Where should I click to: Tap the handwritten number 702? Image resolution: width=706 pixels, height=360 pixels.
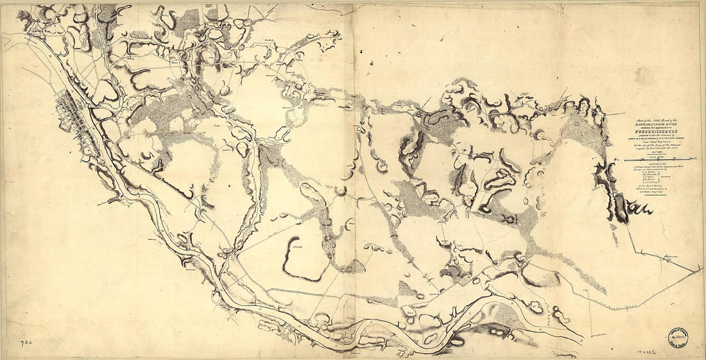coord(11,344)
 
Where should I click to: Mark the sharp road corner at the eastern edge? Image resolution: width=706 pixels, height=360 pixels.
coord(701,269)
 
